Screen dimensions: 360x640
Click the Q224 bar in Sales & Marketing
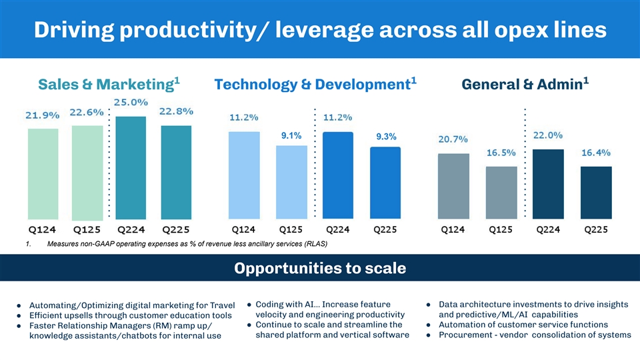coord(131,167)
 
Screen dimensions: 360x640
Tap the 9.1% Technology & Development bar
coord(291,181)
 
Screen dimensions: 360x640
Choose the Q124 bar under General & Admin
coord(454,186)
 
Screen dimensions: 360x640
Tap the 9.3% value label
coord(387,137)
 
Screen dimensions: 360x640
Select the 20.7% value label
coord(453,139)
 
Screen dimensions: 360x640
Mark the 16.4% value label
coord(597,153)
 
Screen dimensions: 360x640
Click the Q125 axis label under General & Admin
coord(501,230)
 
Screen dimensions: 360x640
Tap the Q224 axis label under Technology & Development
coord(338,230)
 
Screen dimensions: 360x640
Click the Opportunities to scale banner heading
coord(319,269)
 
